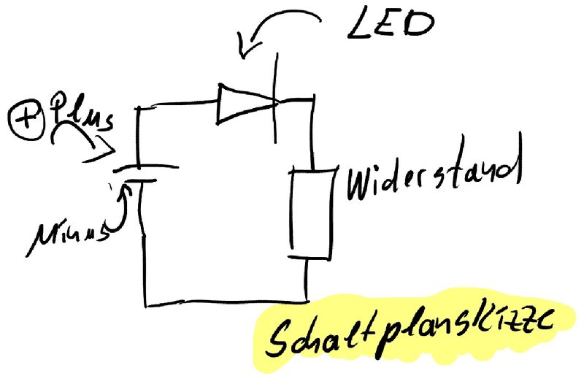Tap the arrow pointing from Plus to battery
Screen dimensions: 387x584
tap(84, 146)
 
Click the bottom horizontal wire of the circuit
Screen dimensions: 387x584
tap(226, 302)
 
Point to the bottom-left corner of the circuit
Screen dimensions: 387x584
tap(146, 304)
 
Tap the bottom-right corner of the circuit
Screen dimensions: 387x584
tap(307, 299)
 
